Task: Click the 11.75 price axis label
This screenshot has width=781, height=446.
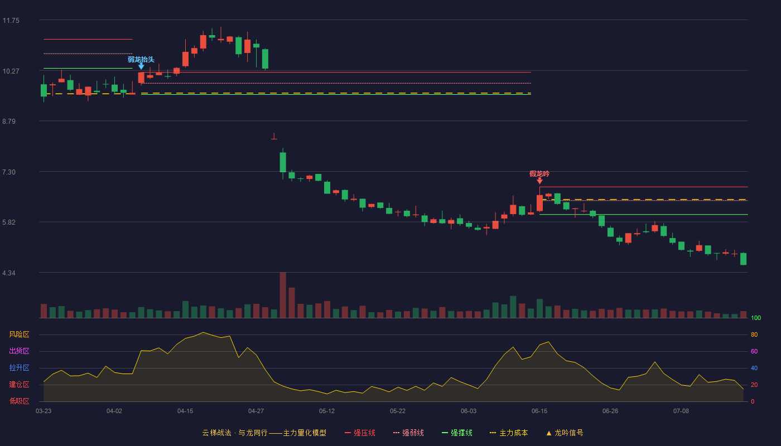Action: [x=11, y=21]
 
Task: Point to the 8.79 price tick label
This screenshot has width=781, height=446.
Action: [x=9, y=122]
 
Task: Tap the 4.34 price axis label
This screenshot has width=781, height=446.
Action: [x=9, y=273]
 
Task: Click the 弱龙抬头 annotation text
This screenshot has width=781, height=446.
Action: [x=141, y=59]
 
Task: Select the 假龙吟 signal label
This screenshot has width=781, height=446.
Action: [x=539, y=173]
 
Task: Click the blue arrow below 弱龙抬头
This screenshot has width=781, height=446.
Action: [x=141, y=66]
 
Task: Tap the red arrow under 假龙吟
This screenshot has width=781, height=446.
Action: [x=540, y=181]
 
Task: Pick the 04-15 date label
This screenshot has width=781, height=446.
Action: [x=185, y=411]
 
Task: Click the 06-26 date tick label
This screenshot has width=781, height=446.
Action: [x=610, y=411]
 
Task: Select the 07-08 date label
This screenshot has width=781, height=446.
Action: [x=681, y=411]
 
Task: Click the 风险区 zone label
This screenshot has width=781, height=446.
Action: [x=19, y=334]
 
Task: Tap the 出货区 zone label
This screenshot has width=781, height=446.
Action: [x=19, y=351]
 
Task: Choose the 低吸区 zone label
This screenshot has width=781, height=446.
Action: [x=19, y=401]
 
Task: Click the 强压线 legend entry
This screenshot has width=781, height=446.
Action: [x=360, y=433]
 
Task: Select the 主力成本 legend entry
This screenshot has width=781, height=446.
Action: [x=509, y=433]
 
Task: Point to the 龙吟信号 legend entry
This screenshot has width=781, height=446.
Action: [x=565, y=433]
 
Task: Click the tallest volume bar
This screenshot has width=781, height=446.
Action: [x=283, y=295]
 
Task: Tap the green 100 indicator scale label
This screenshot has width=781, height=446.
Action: [x=756, y=318]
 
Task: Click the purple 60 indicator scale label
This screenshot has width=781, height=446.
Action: [x=754, y=351]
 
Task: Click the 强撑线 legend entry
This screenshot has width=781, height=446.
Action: [x=457, y=433]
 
